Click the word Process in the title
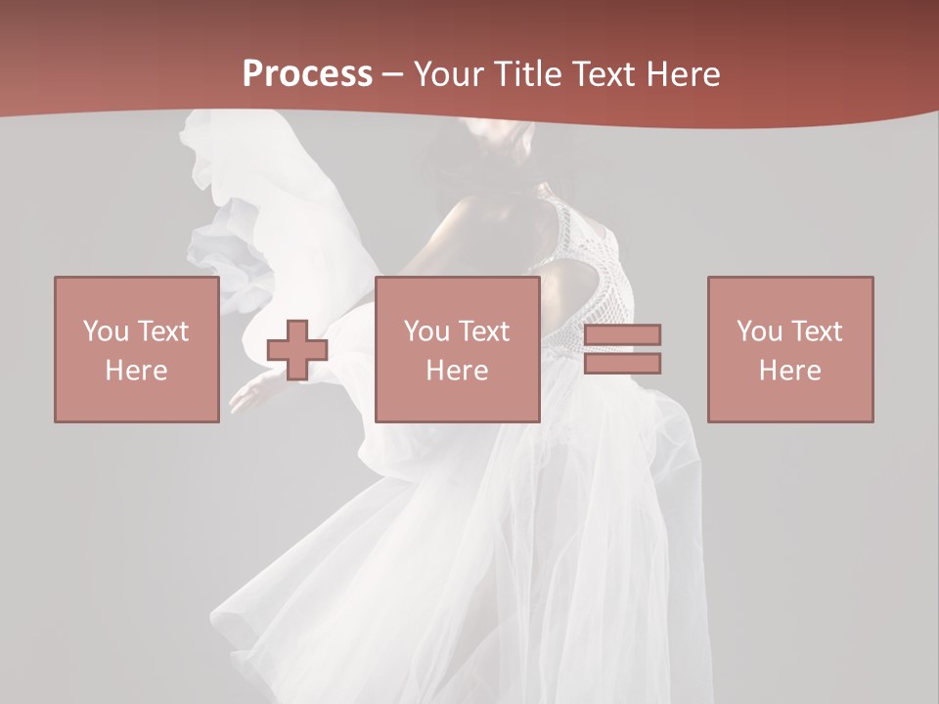click(307, 74)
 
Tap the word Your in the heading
click(449, 74)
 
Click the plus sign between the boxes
click(297, 350)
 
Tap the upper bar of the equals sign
click(622, 335)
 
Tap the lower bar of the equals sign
click(622, 364)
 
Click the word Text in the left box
click(163, 331)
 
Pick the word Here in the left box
click(136, 371)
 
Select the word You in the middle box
click(426, 331)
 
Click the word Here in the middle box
click(457, 371)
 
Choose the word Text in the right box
click(817, 331)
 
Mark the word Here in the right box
click(789, 371)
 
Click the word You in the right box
click(759, 331)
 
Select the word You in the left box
click(106, 331)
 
